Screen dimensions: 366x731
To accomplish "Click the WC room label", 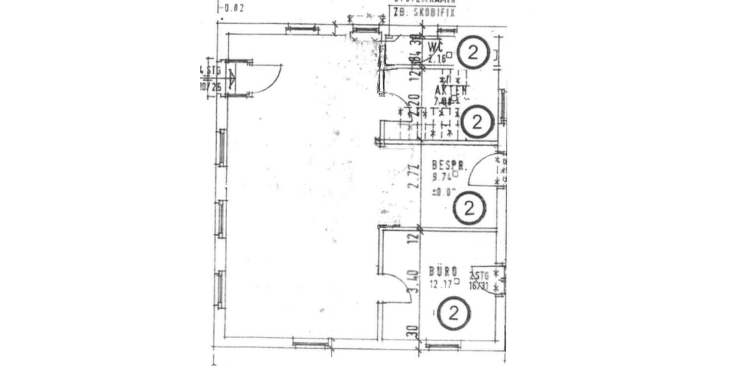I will pyautogui.click(x=435, y=47).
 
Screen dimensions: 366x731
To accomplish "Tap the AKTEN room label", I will pyautogui.click(x=450, y=91).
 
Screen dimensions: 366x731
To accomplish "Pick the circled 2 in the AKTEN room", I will pyautogui.click(x=477, y=122).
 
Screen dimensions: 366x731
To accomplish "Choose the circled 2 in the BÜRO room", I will pyautogui.click(x=454, y=314).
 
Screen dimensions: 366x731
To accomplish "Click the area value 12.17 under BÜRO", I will pyautogui.click(x=442, y=284).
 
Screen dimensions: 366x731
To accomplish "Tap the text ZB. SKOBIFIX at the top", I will pyautogui.click(x=424, y=11).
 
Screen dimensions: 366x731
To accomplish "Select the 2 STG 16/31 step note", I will pyautogui.click(x=479, y=279).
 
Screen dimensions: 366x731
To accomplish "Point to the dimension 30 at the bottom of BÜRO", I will pyautogui.click(x=414, y=333).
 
